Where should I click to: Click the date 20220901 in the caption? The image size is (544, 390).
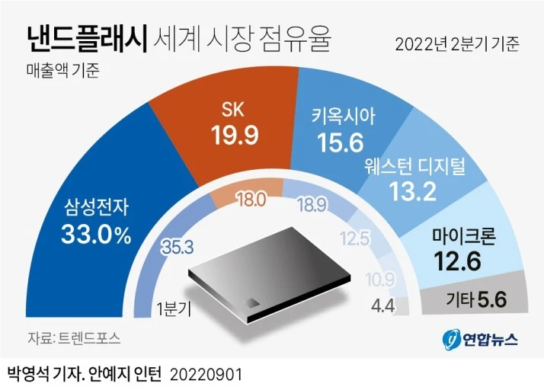pos(210,375)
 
